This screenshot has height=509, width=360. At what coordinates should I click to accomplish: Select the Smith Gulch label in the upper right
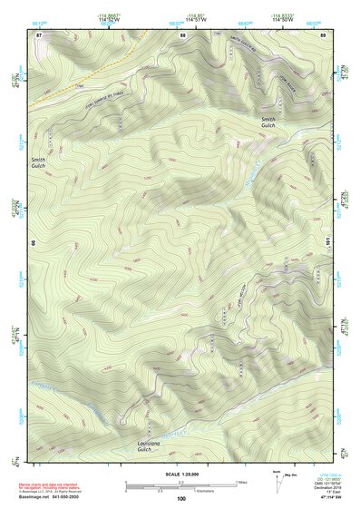272,123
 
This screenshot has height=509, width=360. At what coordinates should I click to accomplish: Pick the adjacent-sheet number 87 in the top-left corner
39,34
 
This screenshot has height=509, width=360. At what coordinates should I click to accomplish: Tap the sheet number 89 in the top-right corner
323,34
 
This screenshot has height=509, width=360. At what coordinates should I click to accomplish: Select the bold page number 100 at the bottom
181,498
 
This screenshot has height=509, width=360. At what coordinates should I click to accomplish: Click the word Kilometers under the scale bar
212,490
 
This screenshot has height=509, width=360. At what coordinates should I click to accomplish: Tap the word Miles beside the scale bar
240,482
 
